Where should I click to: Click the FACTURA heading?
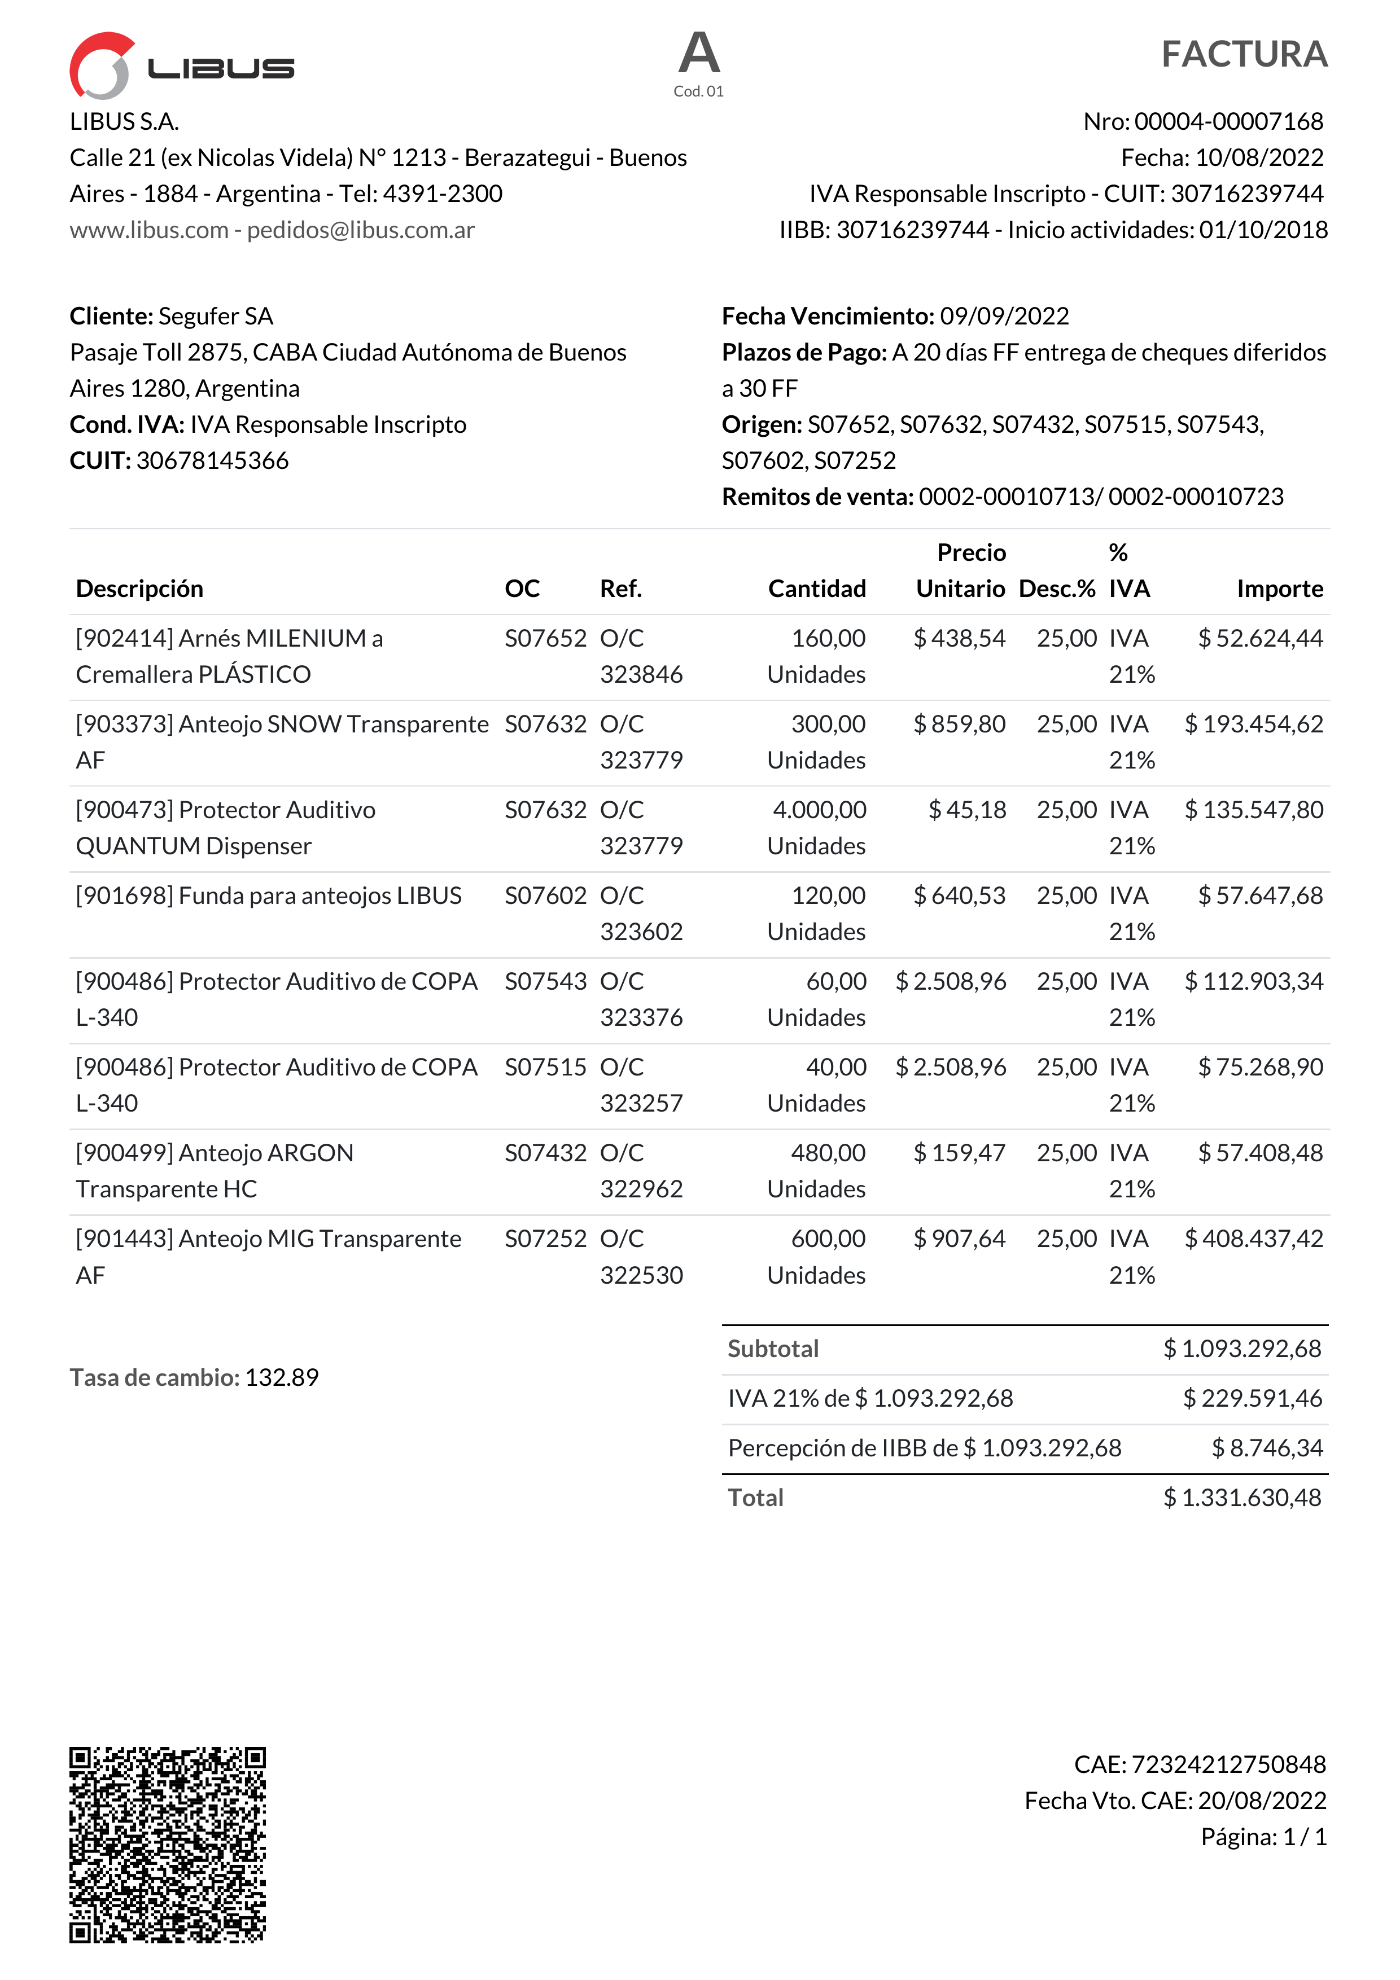[1243, 54]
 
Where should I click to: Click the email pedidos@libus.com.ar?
[361, 230]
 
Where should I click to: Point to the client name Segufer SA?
[216, 317]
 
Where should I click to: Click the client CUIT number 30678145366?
[212, 460]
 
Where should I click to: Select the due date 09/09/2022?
[1004, 317]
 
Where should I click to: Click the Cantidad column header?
[816, 589]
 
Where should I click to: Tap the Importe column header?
[1279, 589]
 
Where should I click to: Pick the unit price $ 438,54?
[959, 638]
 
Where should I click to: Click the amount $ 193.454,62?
[1253, 725]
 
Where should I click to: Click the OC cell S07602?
[545, 896]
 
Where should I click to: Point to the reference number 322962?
[641, 1189]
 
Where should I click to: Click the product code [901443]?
[125, 1239]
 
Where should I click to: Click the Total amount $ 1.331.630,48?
[1241, 1498]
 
